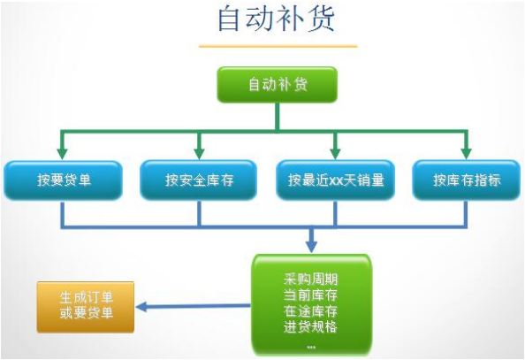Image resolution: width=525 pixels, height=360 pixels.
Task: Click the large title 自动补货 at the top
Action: pos(277,19)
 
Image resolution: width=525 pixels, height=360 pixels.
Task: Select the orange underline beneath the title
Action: pos(278,46)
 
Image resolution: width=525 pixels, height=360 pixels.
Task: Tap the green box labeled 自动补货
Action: pos(278,84)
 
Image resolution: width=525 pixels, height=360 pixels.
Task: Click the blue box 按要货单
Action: pos(64,180)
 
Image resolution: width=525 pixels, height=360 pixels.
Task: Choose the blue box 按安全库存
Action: pos(199,180)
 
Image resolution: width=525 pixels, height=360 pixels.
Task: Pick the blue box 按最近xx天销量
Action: pos(336,180)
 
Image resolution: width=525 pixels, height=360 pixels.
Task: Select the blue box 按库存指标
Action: pos(467,180)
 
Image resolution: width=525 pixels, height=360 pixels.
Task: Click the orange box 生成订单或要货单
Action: pos(86,307)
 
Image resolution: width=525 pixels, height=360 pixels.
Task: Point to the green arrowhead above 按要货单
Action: pos(62,153)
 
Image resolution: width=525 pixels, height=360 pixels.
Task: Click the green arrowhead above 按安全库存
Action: pos(200,153)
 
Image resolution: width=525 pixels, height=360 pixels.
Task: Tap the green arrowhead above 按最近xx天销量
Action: pos(336,153)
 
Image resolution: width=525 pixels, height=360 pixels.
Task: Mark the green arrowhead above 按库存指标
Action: pos(467,153)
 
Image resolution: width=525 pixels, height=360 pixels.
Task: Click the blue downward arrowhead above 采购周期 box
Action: pos(312,246)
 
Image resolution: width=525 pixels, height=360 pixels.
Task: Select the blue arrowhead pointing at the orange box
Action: pos(141,307)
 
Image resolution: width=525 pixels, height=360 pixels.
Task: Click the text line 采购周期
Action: pos(310,279)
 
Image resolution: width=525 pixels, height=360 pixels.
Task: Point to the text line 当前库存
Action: pos(310,295)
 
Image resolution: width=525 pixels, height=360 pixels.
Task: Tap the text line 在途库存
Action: pos(310,311)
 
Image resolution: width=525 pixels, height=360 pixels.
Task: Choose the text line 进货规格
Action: pos(310,326)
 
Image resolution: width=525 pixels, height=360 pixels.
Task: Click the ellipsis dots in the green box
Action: pos(311,348)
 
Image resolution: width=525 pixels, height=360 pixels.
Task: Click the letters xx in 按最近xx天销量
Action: pos(335,181)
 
